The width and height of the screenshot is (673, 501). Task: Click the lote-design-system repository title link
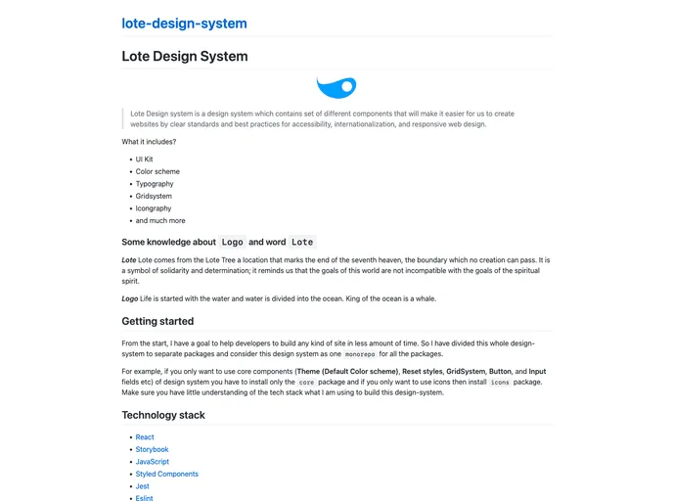click(x=184, y=23)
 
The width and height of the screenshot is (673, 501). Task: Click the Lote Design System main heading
click(x=184, y=57)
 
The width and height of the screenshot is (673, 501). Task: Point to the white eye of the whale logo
click(x=346, y=87)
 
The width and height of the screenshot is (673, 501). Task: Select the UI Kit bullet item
click(x=144, y=159)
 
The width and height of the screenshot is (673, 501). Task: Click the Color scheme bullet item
click(x=157, y=171)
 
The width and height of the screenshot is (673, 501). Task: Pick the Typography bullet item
click(x=155, y=184)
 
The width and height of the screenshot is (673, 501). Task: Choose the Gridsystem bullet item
click(x=155, y=196)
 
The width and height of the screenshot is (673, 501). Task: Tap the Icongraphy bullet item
click(x=154, y=208)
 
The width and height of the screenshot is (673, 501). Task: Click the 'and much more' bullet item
click(x=160, y=221)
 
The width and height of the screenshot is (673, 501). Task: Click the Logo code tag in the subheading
click(x=232, y=242)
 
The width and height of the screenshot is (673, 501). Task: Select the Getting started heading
click(x=157, y=321)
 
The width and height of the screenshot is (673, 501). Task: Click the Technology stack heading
click(x=163, y=415)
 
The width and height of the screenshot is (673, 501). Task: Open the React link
click(x=145, y=437)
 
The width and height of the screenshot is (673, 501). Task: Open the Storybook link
click(x=152, y=450)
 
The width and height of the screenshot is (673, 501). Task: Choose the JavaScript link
click(x=153, y=462)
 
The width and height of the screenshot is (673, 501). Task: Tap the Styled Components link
click(x=166, y=474)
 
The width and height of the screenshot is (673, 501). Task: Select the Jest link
click(x=142, y=486)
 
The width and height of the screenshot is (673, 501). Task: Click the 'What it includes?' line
click(x=149, y=142)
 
